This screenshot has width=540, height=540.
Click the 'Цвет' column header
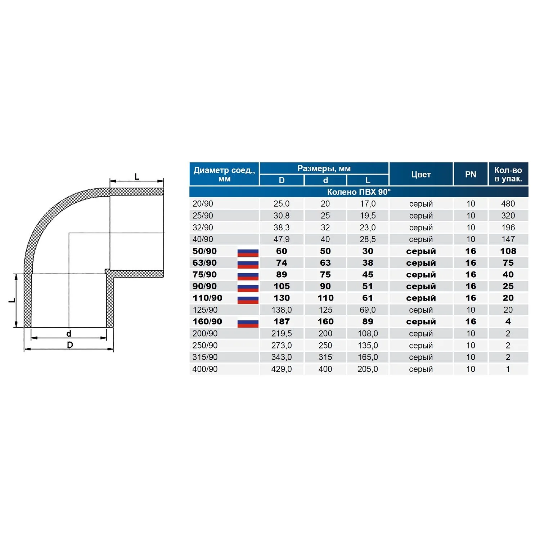click(421, 175)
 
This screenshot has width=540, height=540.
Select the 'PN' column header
click(471, 175)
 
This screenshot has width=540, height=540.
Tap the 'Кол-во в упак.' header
click(508, 174)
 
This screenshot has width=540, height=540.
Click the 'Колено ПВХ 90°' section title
click(359, 192)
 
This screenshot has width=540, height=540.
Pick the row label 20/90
click(203, 204)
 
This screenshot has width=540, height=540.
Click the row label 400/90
click(205, 369)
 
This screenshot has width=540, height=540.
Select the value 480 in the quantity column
click(508, 204)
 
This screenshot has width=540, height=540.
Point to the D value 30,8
click(282, 216)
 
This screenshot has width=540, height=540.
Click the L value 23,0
click(368, 228)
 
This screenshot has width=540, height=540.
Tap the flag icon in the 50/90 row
click(248, 252)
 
